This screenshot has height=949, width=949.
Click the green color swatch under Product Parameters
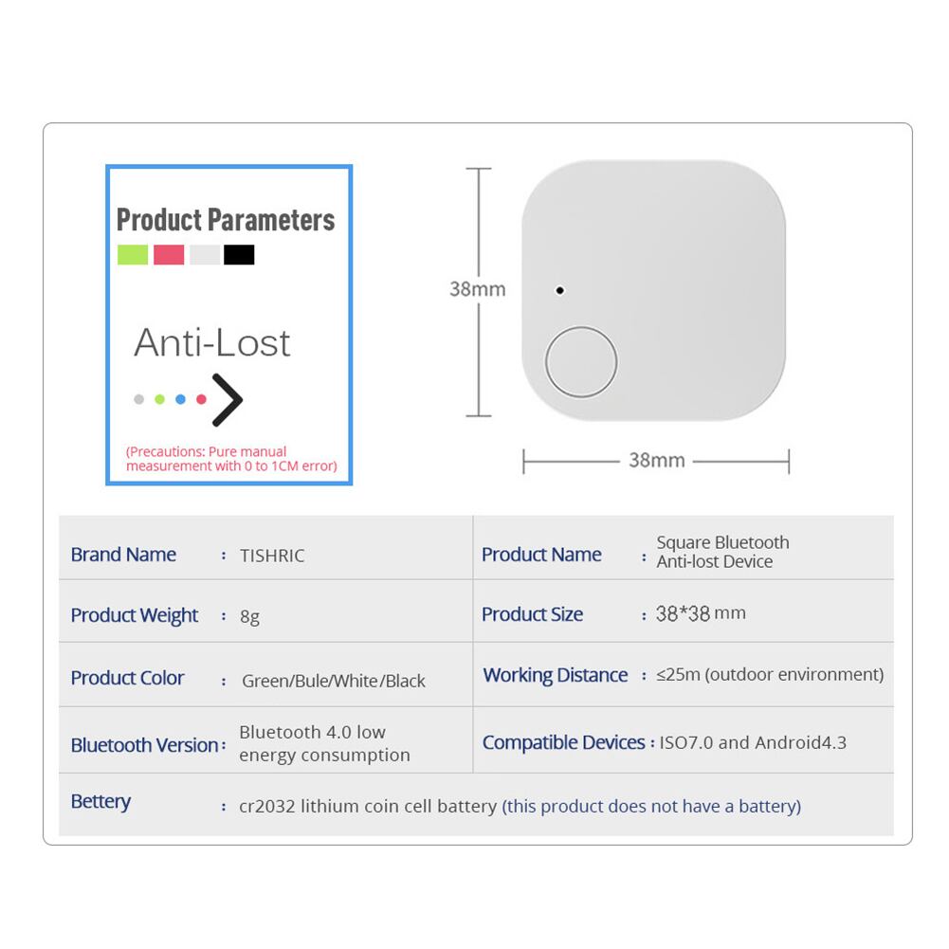tap(133, 254)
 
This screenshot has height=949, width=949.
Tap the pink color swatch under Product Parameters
tap(169, 254)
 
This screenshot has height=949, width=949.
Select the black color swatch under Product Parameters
tap(239, 254)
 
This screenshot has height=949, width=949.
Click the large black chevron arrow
tap(228, 399)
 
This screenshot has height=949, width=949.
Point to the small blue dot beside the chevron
tap(180, 399)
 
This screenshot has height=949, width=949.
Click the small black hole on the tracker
tap(560, 290)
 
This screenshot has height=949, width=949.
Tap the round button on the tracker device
tap(580, 362)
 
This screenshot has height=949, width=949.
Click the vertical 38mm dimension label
tap(477, 288)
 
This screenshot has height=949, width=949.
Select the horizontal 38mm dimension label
tap(656, 461)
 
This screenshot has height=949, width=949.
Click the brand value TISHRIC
tap(272, 556)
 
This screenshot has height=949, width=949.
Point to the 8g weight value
tap(249, 616)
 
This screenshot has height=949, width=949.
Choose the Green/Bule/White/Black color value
tap(334, 681)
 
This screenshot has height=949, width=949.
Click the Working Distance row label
tap(556, 675)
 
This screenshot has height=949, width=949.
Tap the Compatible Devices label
tap(563, 742)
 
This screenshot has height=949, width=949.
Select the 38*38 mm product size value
tap(701, 613)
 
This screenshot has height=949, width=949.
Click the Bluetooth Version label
tap(144, 745)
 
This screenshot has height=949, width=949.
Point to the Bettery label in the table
tap(100, 802)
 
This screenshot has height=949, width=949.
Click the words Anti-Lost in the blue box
tap(211, 343)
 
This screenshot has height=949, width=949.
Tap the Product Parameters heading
tap(226, 220)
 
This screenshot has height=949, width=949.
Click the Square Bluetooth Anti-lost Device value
tap(722, 552)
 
